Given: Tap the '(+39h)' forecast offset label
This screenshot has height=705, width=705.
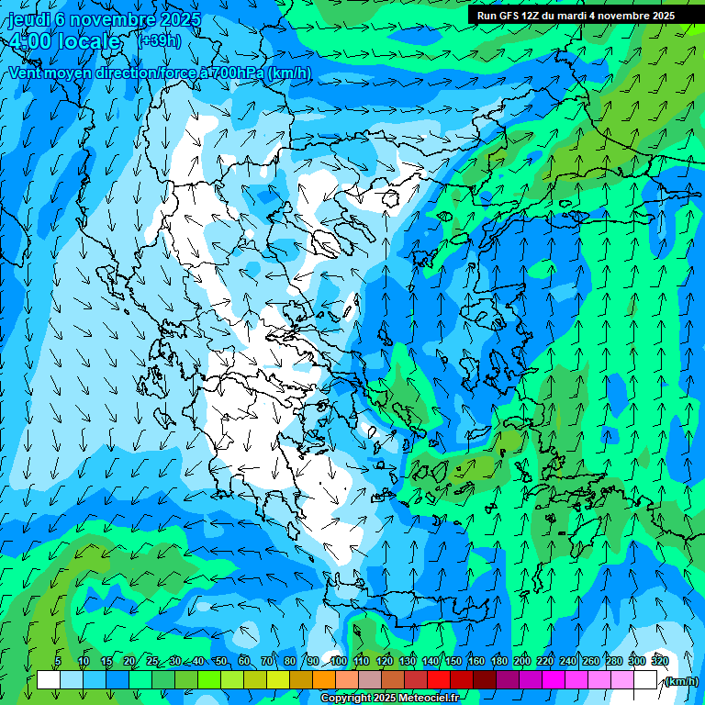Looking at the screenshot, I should point(159,40).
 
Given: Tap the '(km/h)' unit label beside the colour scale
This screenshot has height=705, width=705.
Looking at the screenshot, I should point(680,681).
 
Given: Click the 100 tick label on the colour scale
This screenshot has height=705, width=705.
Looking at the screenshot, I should point(338,661).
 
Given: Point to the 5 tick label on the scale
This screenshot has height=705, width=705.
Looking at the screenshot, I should point(58,661).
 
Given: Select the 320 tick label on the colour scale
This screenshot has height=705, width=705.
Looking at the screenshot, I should point(659,661).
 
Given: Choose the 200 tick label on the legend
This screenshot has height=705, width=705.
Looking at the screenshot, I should point(522,661).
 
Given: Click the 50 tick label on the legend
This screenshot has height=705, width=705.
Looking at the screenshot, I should point(221,661).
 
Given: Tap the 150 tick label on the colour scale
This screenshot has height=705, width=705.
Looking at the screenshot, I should point(453,661).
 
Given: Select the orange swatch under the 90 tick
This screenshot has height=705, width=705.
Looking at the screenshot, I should point(324,680).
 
